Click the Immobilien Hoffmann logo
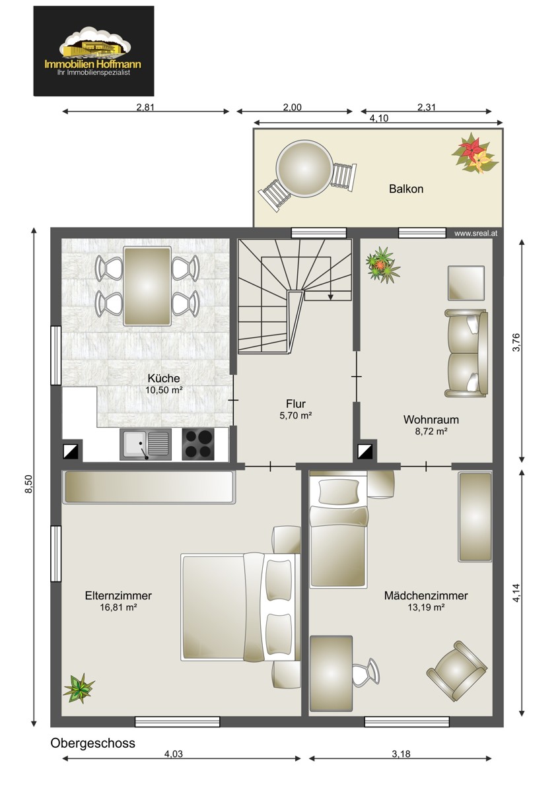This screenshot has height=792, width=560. (x=94, y=51)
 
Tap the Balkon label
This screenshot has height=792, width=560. (x=406, y=189)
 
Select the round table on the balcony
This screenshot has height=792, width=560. (x=304, y=168)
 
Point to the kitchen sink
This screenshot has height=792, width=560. (x=145, y=444)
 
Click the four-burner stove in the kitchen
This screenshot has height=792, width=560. (x=198, y=444)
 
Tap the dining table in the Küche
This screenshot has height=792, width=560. (x=147, y=286)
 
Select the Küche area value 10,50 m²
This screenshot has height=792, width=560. (x=164, y=390)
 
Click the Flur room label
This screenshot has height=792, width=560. (x=296, y=403)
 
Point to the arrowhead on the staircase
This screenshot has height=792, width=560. (x=330, y=298)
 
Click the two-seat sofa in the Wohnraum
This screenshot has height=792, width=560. (x=466, y=353)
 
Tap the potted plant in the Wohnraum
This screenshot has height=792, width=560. (x=383, y=265)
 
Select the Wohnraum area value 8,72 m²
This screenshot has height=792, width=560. (x=431, y=432)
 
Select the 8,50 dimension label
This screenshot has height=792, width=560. (x=28, y=484)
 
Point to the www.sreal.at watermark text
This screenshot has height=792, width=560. (x=476, y=234)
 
